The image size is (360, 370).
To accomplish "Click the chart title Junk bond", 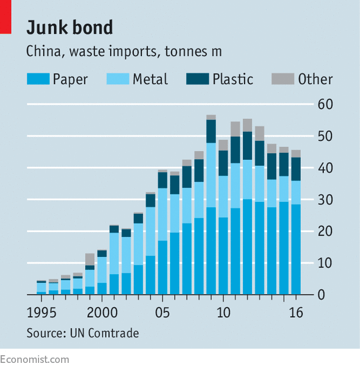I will pos(70,28).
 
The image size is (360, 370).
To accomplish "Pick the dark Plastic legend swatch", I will pos(197,79).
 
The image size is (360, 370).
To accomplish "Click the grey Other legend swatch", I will pos(282,79).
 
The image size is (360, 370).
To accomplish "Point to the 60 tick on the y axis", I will pos(325,105).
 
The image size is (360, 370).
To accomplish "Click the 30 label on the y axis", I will pos(325,200).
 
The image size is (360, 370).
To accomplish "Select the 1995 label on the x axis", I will pos(41,311).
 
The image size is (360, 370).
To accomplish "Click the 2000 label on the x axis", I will pos(102,311).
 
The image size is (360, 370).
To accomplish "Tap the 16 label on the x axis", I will pos(296,311).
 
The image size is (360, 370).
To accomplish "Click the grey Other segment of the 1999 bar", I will pos(90,259).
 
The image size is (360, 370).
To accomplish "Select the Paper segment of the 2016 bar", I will pos(295,249).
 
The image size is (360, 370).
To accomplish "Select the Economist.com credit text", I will pos(34,359).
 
